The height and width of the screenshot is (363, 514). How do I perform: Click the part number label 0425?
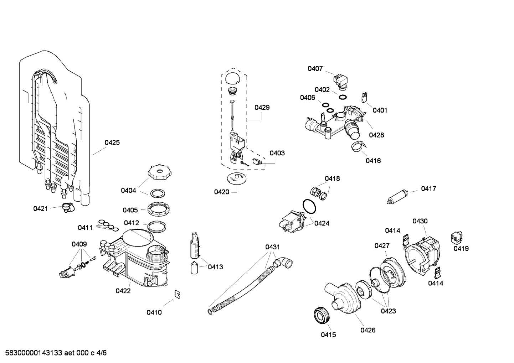[x=112, y=142]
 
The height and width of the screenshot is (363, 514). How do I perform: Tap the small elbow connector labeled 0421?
[x=67, y=207]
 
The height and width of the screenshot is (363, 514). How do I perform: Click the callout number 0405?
[x=130, y=210]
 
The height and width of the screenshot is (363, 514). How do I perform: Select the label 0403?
[x=277, y=153]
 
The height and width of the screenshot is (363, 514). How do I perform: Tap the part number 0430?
[x=420, y=221]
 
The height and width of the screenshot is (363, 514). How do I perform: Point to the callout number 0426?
[x=368, y=330]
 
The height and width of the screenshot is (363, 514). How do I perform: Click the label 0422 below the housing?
[x=123, y=291]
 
